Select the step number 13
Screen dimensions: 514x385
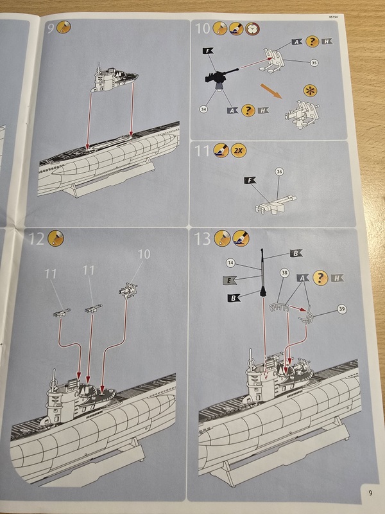point(203,239)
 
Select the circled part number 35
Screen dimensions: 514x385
point(314,62)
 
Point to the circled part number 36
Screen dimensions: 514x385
point(279,172)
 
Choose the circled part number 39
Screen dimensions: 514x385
point(341,310)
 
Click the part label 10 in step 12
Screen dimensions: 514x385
point(144,255)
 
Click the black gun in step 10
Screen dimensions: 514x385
point(221,76)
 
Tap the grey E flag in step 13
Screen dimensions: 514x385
point(229,280)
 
